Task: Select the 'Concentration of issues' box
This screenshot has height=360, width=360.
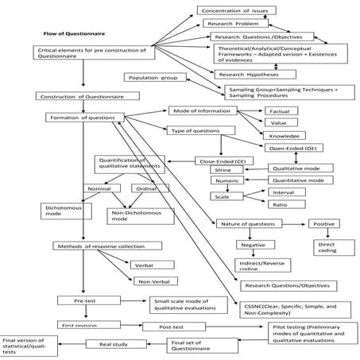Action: coord(236,10)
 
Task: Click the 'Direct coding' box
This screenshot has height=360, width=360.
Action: coord(326,248)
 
